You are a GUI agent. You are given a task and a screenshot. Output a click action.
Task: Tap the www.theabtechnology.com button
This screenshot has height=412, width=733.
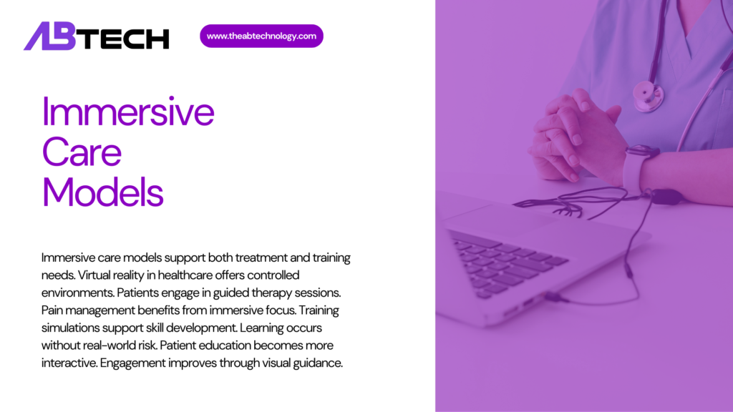coord(261,36)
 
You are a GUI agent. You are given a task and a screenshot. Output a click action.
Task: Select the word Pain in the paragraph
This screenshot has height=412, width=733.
coord(54,310)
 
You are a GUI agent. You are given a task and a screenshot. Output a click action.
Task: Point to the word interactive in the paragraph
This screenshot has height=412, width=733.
coord(69,362)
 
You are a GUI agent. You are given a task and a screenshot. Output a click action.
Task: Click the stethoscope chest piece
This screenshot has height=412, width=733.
coord(648,94)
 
